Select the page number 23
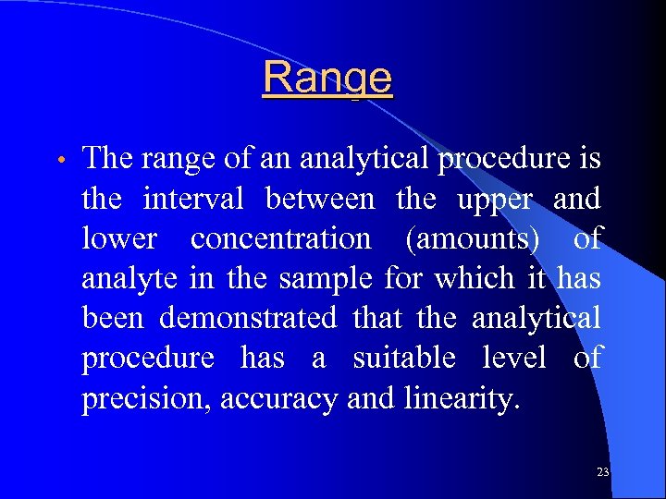pyautogui.click(x=603, y=472)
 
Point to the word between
pyautogui.click(x=320, y=199)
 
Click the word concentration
pyautogui.click(x=280, y=238)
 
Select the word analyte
pyautogui.click(x=129, y=279)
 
